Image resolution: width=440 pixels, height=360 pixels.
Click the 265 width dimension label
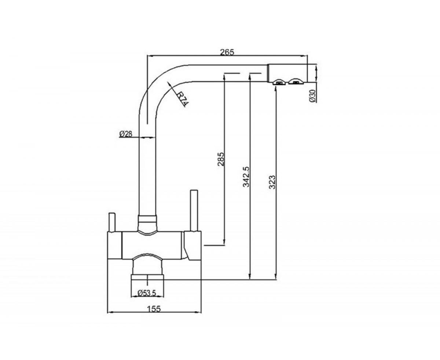pos(227,52)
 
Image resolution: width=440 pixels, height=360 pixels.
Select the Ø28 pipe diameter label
pos(126,134)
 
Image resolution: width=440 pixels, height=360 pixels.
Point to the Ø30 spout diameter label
pos(312,96)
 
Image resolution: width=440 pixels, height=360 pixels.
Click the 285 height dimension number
pos(221,159)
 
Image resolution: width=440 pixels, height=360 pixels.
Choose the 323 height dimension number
pos(272,182)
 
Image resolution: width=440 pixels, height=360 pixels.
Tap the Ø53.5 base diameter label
pos(147,294)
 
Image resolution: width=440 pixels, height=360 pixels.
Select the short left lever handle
pos(112,222)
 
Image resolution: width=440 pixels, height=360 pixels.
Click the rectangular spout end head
pos(287,73)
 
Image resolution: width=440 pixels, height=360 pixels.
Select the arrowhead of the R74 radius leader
pos(169,84)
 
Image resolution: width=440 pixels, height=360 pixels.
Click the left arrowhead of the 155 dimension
pos(110,318)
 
